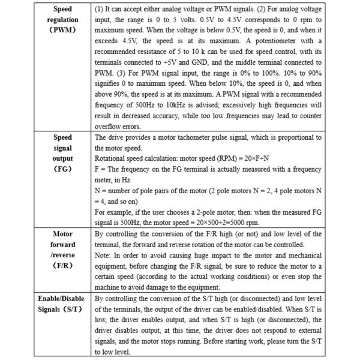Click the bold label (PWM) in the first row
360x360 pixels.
(x=63, y=30)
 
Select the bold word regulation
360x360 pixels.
(x=63, y=20)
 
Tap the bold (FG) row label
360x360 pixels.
(x=63, y=169)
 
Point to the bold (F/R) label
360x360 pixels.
(x=63, y=265)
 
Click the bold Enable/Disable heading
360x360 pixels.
(x=62, y=298)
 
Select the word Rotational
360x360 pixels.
(x=113, y=158)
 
